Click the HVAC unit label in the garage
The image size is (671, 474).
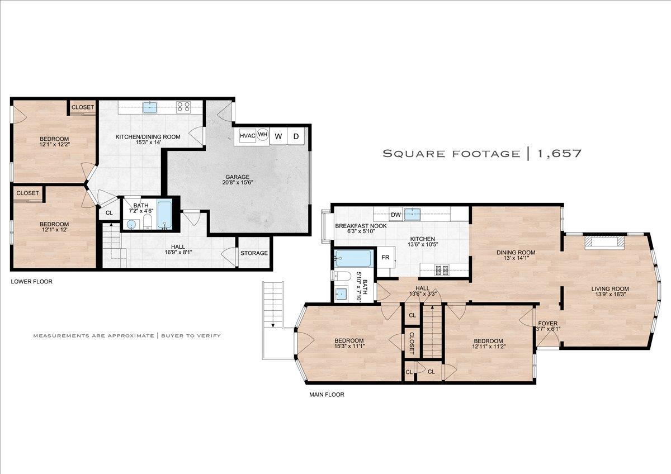(x=247, y=135)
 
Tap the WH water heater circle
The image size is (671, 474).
(x=262, y=135)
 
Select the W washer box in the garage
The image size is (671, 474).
(x=278, y=136)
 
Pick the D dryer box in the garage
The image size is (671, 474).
(x=296, y=136)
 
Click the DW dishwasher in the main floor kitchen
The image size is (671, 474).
(x=396, y=215)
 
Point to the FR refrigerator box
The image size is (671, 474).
(x=385, y=258)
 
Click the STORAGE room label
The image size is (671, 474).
(x=254, y=253)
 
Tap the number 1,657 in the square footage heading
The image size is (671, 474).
(x=560, y=153)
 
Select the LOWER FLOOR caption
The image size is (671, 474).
(x=32, y=282)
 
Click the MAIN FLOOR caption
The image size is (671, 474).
(x=327, y=395)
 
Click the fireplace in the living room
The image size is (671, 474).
(x=604, y=242)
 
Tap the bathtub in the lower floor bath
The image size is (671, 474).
(x=165, y=214)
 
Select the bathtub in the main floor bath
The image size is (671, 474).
(x=353, y=258)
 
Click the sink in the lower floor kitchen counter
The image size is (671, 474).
(x=149, y=107)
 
